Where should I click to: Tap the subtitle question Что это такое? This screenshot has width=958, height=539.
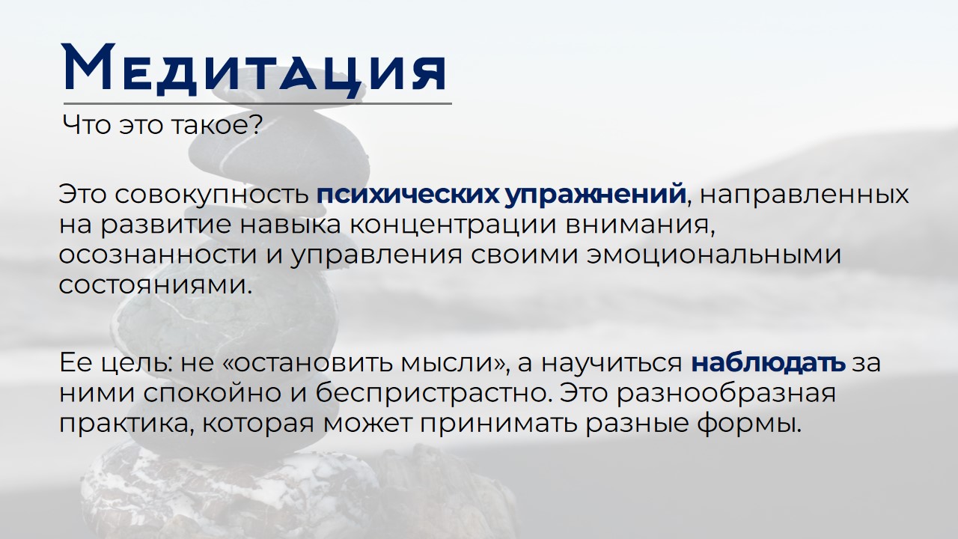click(162, 124)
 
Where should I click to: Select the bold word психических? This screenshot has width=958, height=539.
click(408, 194)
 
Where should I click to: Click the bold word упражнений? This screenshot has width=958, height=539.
click(596, 194)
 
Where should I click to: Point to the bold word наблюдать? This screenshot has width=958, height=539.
click(768, 363)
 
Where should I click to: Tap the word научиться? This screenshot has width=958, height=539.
click(611, 363)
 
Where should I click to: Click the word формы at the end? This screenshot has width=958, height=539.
click(755, 424)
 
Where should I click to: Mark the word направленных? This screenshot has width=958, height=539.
click(805, 194)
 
